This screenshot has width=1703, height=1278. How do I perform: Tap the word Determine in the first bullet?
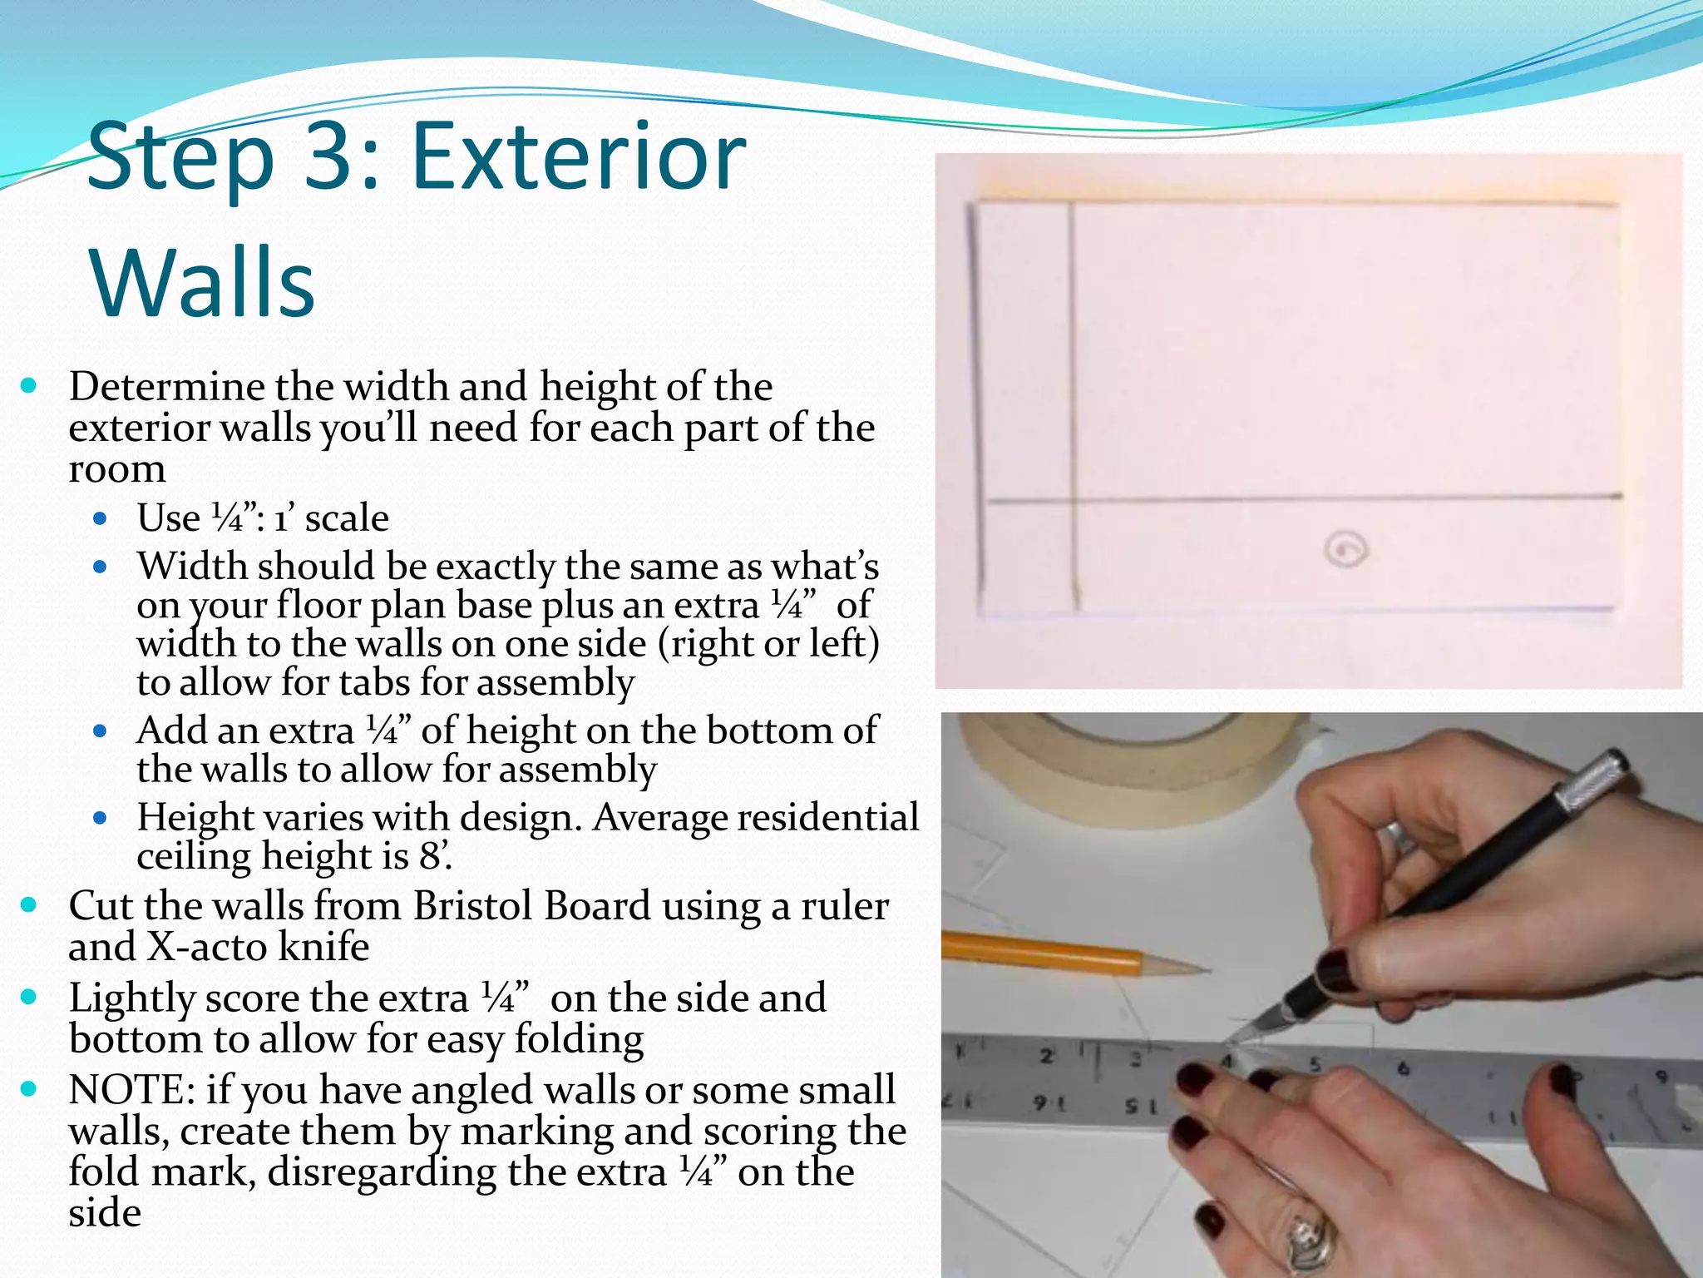click(x=166, y=386)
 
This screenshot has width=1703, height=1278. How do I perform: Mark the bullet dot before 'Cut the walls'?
click(x=29, y=904)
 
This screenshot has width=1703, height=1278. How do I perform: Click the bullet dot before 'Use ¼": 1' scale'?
click(x=101, y=519)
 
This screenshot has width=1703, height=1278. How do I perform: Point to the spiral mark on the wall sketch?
click(x=1345, y=550)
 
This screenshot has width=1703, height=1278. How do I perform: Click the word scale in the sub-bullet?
click(x=347, y=518)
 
